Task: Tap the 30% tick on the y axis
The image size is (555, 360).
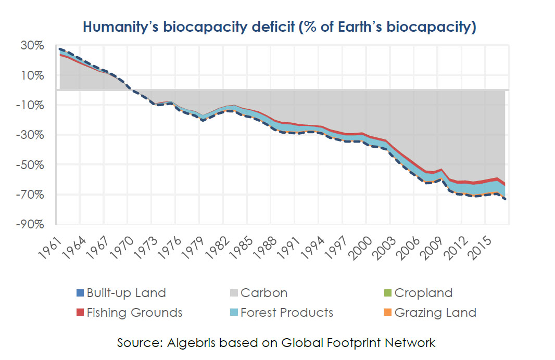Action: click(x=33, y=46)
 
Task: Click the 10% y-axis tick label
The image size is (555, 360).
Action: click(x=33, y=75)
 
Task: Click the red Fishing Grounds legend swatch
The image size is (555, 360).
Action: click(x=79, y=313)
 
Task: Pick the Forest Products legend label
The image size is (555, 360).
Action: click(x=287, y=313)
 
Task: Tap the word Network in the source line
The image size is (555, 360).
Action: click(x=410, y=343)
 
